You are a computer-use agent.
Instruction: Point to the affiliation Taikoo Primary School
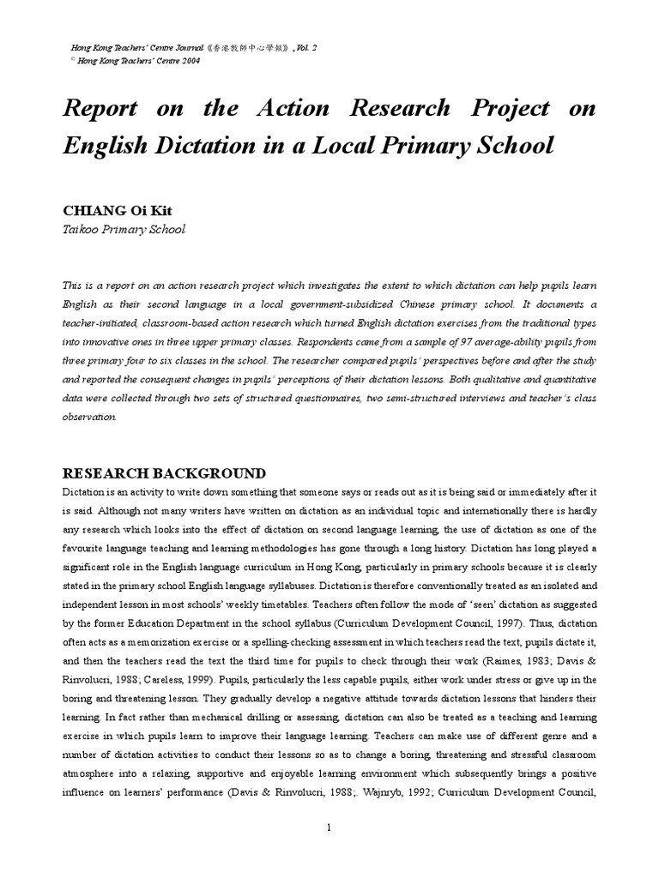point(124,229)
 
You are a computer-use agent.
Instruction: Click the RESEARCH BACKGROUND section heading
point(164,473)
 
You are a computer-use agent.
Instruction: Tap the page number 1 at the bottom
point(329,827)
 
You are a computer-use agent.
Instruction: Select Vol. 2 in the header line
point(301,49)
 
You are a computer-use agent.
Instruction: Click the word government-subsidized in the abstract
point(343,304)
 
